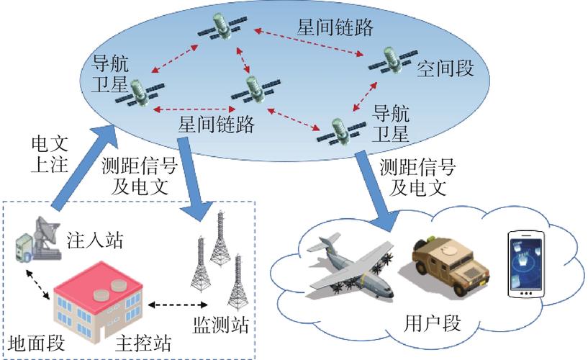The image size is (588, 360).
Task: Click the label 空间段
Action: coord(445,68)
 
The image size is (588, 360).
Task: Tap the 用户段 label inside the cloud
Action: coord(432,323)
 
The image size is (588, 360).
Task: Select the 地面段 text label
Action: coord(37,343)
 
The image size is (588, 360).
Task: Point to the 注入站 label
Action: coord(95,240)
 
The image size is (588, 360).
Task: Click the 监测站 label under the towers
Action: coord(221,325)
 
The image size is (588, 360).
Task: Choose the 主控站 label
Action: coord(143,343)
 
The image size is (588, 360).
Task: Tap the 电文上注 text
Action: coord(50,154)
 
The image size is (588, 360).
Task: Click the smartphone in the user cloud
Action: coord(526,265)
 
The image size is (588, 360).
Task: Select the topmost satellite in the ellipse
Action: coord(222,25)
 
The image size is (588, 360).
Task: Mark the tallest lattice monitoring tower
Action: coord(220,238)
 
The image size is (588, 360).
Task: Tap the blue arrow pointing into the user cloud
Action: coord(377,191)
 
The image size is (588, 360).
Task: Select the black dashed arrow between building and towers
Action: coord(178,305)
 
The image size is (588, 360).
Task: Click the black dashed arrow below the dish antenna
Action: coord(37,284)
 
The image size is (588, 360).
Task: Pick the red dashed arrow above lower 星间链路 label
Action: coord(194,109)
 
